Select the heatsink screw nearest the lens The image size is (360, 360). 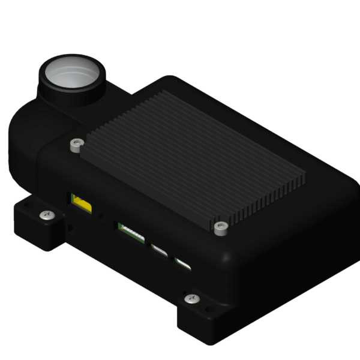[74, 144]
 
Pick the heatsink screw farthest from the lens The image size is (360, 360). [220, 227]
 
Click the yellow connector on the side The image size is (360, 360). [81, 203]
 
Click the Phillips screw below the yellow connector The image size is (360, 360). [45, 214]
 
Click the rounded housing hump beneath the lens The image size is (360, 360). [30, 144]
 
